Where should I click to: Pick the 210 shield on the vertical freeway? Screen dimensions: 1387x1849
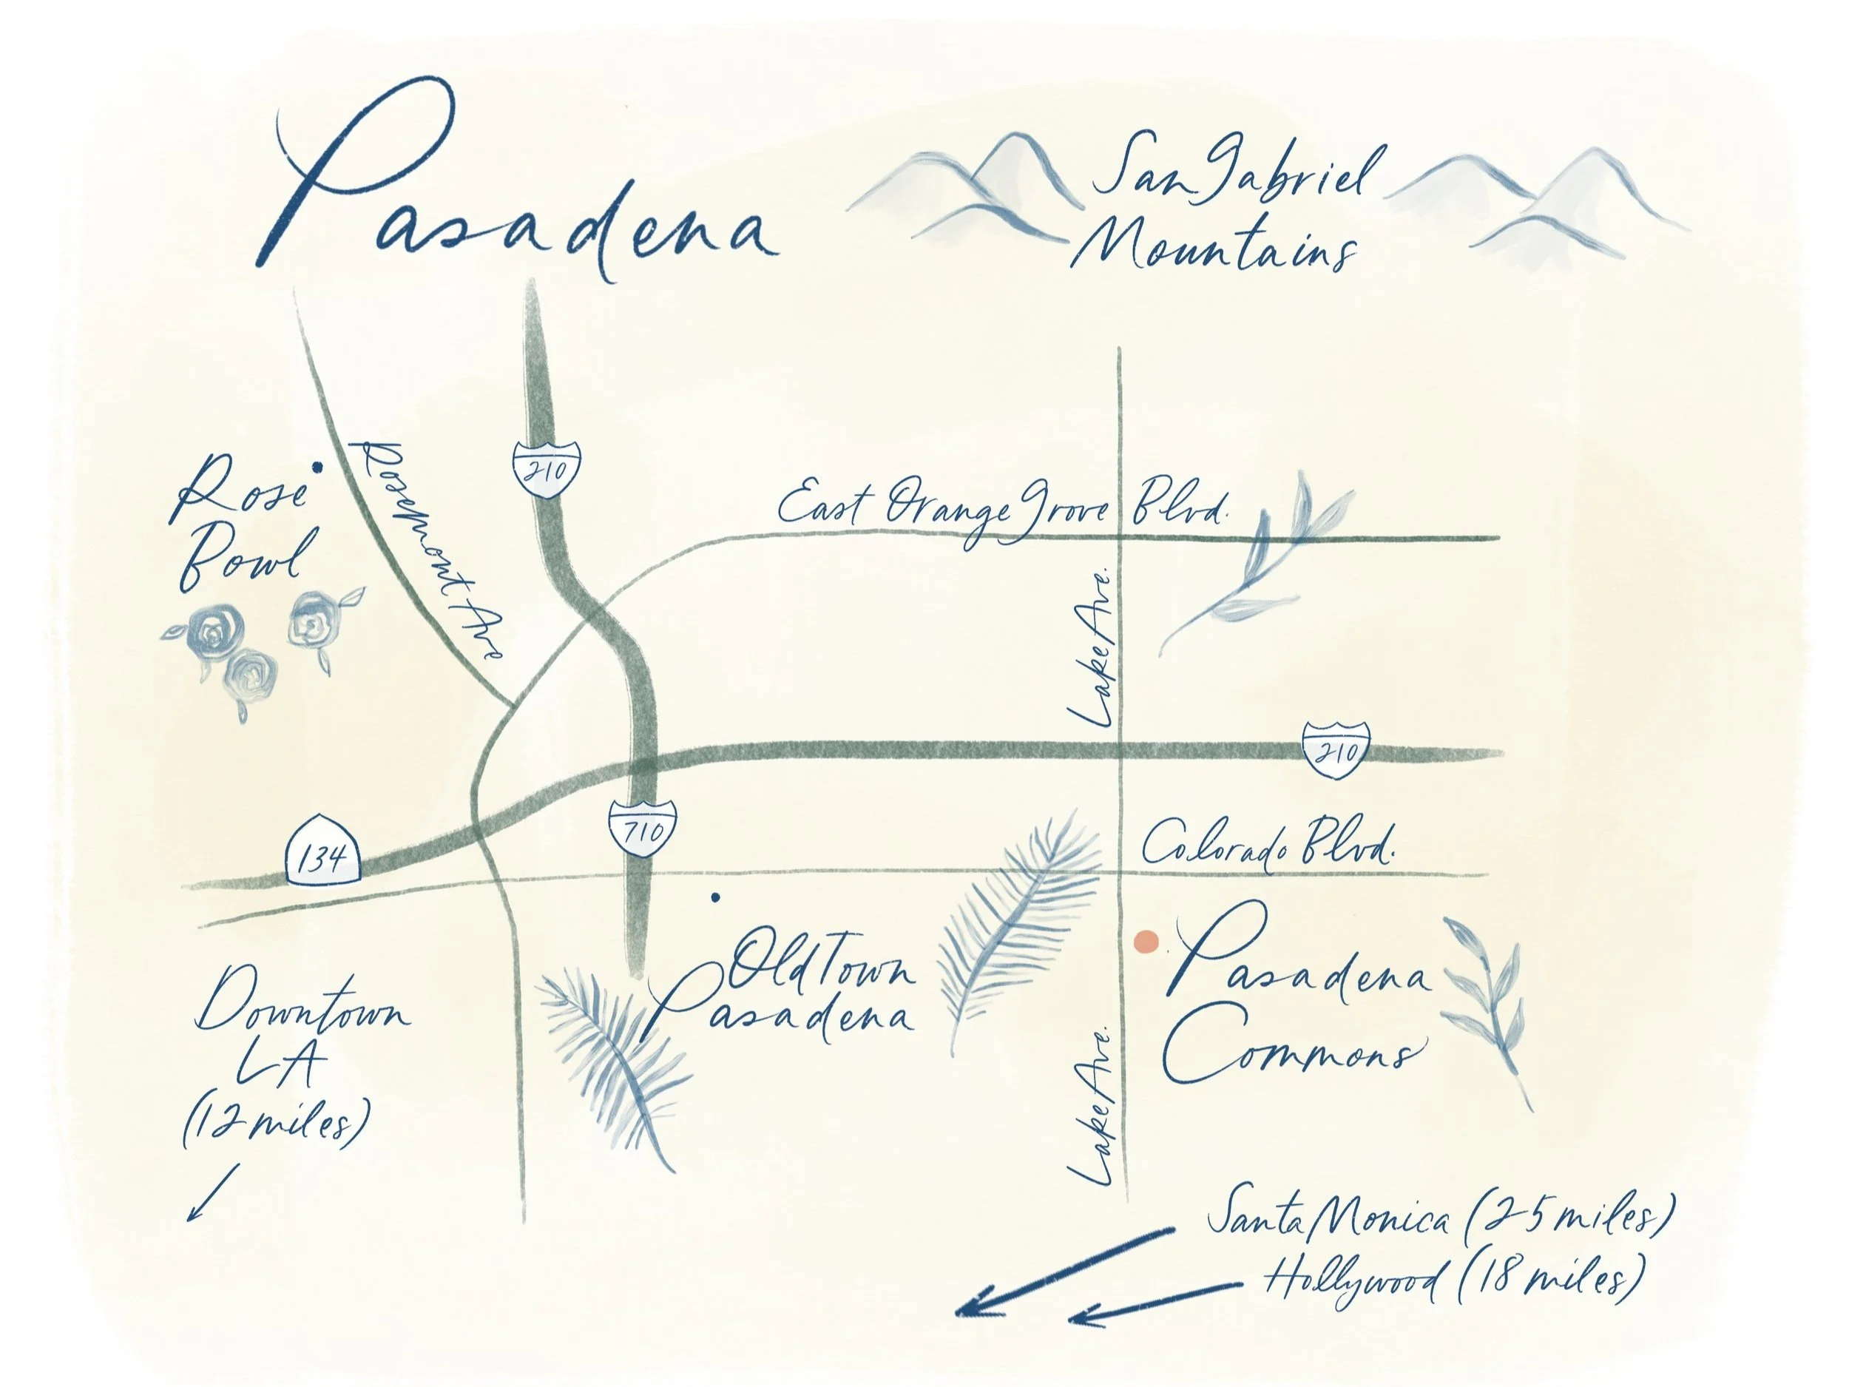pyautogui.click(x=547, y=468)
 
